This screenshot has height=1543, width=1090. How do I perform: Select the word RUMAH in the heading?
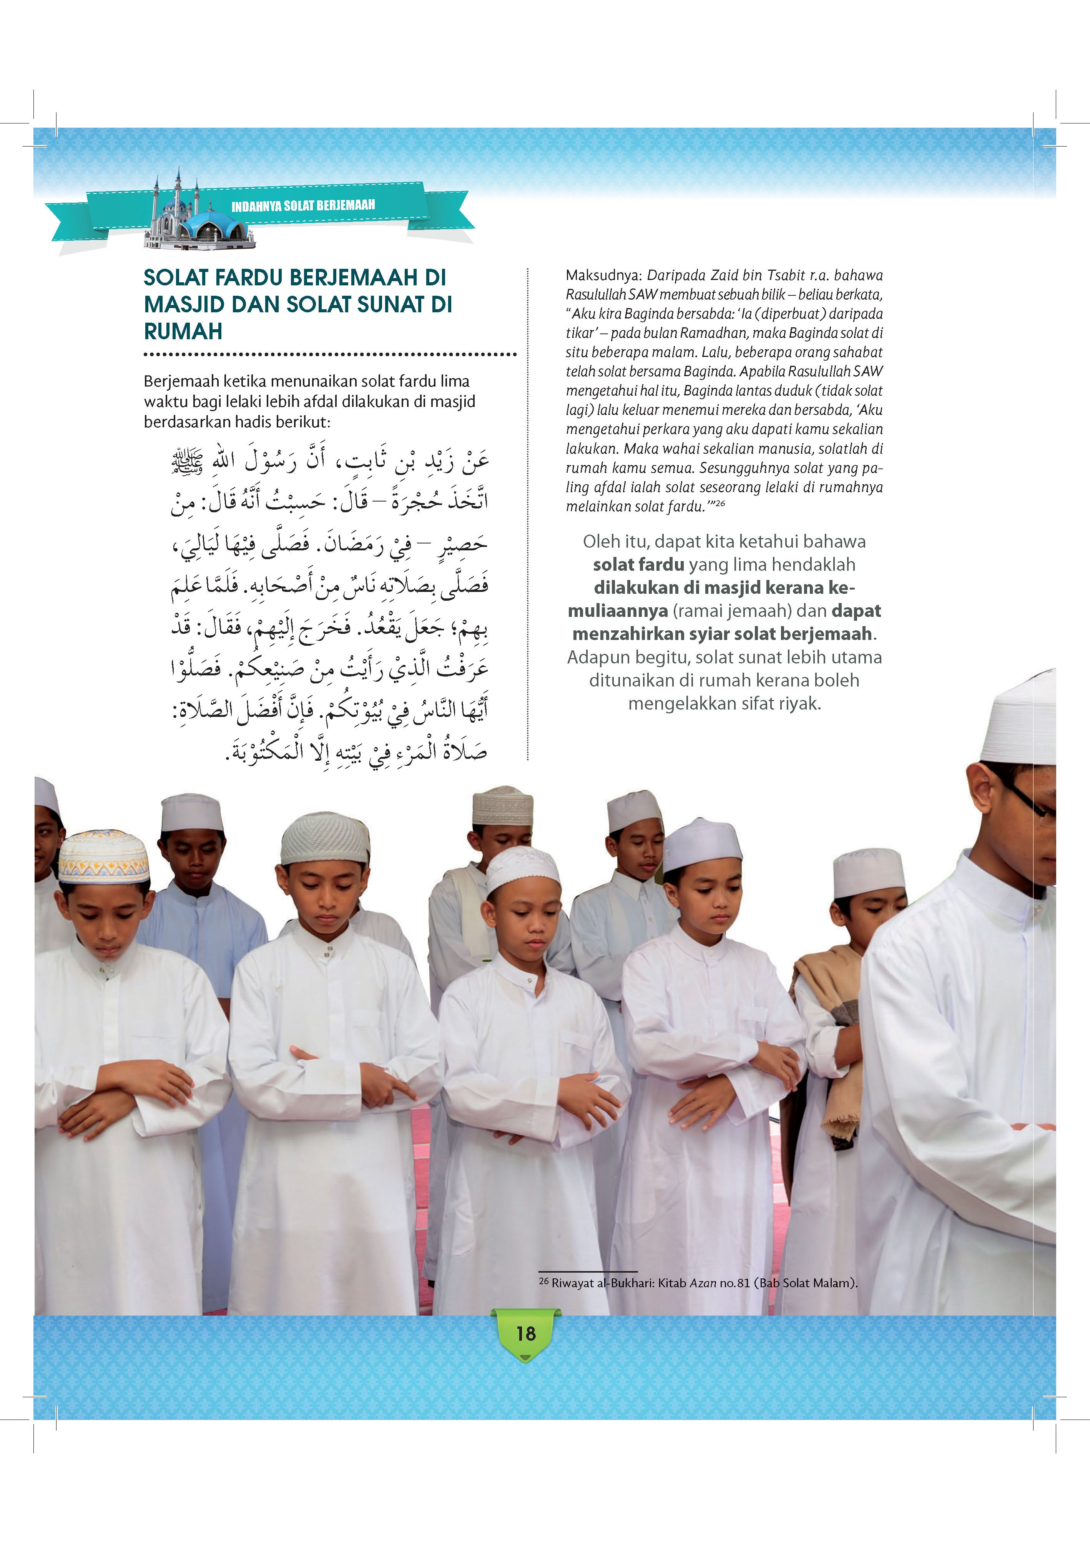(183, 331)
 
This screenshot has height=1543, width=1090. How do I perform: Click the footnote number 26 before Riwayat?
(543, 1281)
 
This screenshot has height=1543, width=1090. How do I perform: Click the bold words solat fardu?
(638, 565)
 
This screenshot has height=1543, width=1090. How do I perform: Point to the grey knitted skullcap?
(325, 839)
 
